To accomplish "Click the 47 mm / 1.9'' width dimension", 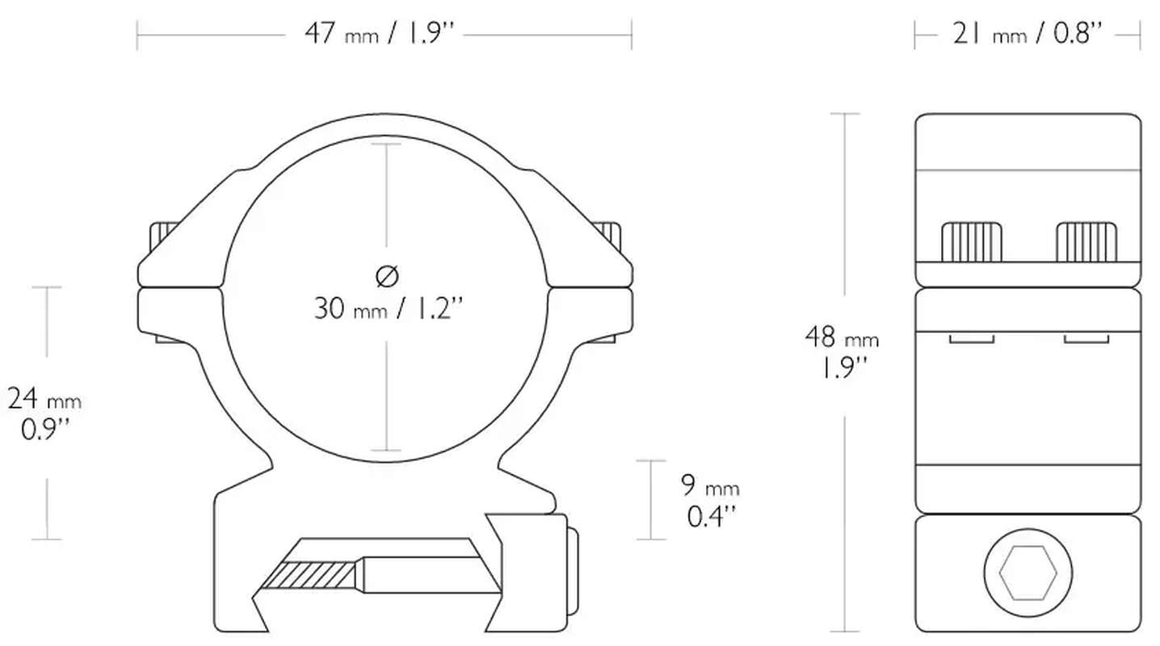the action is coord(380,34).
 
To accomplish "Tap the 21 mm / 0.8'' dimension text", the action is coord(1028,34).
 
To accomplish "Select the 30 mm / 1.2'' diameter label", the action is coord(388,309).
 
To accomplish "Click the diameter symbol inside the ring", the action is coord(387,276).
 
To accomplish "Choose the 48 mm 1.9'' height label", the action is coord(842,352).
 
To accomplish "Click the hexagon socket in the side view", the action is coord(1028,573).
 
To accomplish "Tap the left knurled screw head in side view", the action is coord(972,242).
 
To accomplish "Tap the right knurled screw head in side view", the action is coord(1086,242).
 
